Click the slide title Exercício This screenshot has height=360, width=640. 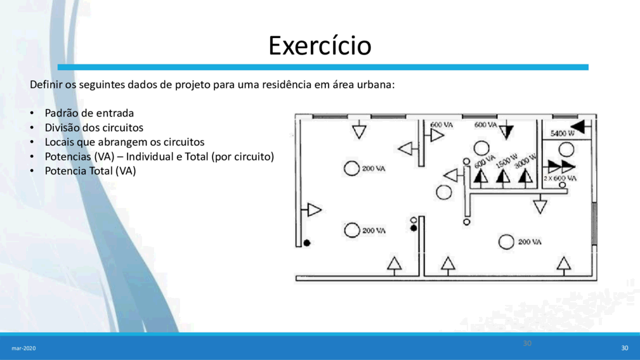point(320,45)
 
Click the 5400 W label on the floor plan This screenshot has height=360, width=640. point(562,133)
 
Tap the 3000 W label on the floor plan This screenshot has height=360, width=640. point(525,161)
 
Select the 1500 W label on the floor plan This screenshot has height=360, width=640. point(506,161)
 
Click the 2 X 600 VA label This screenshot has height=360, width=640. point(559,179)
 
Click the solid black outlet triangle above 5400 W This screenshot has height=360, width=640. point(580,126)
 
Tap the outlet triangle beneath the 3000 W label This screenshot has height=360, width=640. point(525,177)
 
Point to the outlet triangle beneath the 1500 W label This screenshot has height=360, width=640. point(503,177)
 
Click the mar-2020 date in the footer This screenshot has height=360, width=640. point(23,348)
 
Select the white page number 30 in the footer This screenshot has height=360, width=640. point(625,348)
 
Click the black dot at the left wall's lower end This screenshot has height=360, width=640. point(307,243)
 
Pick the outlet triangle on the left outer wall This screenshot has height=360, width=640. point(313,210)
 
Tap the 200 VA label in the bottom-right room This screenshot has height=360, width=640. point(530,241)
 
